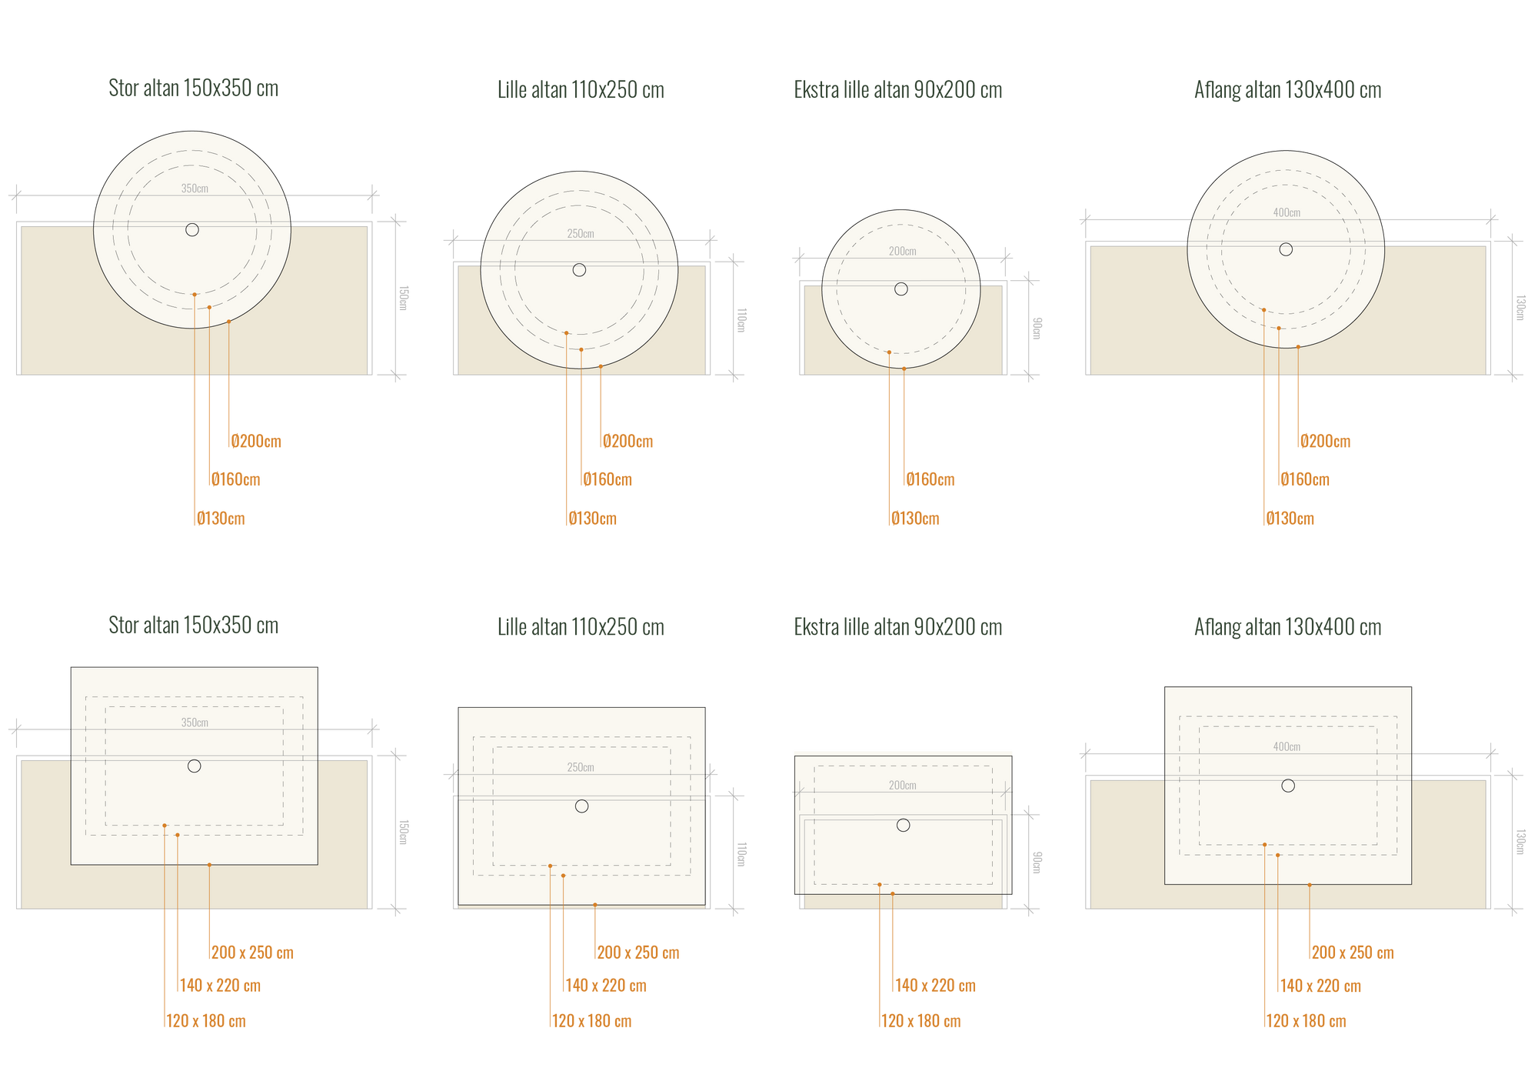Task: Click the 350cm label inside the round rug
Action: [x=195, y=189]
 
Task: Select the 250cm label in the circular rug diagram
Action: [x=581, y=234]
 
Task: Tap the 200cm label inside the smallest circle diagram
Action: [x=902, y=252]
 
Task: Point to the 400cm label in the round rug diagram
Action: [x=1287, y=212]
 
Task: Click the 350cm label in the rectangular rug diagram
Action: [x=195, y=723]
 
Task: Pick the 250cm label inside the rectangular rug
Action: [x=581, y=767]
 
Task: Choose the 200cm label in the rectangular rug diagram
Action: [x=902, y=786]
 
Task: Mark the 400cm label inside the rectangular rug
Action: [x=1287, y=746]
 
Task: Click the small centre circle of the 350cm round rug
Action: [x=192, y=229]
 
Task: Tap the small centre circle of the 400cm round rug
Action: [x=1286, y=249]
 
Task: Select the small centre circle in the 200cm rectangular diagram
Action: [x=904, y=825]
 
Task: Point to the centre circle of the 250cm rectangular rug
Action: [x=581, y=806]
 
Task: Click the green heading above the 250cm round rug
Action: [x=581, y=90]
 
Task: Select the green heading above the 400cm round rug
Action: [x=1287, y=90]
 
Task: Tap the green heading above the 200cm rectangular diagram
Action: [x=898, y=627]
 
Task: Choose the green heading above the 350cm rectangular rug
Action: [x=194, y=625]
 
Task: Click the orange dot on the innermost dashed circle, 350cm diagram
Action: [x=195, y=294]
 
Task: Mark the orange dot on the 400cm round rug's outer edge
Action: [x=1298, y=347]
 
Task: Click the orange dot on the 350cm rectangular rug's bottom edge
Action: [x=209, y=865]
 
